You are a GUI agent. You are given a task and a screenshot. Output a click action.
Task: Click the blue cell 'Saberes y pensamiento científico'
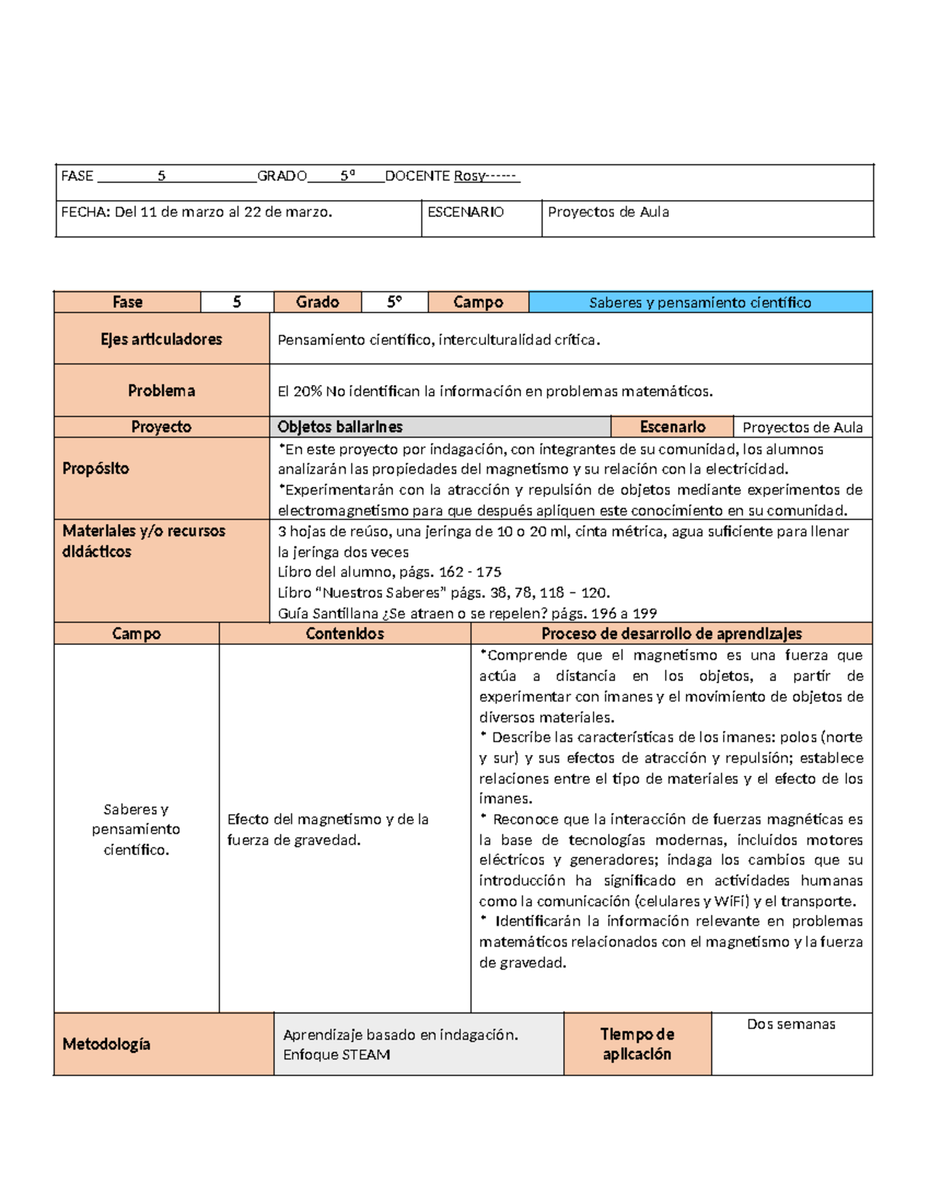pyautogui.click(x=700, y=302)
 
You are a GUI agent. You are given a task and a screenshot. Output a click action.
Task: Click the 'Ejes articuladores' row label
pyautogui.click(x=161, y=339)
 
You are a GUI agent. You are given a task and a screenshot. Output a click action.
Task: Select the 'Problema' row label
pyautogui.click(x=161, y=391)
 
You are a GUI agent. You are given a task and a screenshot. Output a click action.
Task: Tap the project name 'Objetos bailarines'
pyautogui.click(x=340, y=427)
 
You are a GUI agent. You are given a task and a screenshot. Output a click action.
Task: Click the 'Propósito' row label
pyautogui.click(x=96, y=468)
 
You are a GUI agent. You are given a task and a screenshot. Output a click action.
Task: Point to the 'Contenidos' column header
pyautogui.click(x=345, y=633)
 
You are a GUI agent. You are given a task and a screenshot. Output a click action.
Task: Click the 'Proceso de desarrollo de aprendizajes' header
pyautogui.click(x=671, y=633)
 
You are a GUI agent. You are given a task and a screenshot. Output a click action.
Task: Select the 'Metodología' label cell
pyautogui.click(x=107, y=1044)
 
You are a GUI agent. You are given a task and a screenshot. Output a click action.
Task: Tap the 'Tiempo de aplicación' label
pyautogui.click(x=637, y=1044)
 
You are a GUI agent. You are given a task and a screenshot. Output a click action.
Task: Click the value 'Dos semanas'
pyautogui.click(x=790, y=1024)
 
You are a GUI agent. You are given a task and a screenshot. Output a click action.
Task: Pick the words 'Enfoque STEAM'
pyautogui.click(x=336, y=1055)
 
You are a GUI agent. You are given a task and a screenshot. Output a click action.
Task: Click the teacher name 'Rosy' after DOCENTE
pyautogui.click(x=469, y=176)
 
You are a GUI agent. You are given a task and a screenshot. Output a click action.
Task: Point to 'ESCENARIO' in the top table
pyautogui.click(x=466, y=212)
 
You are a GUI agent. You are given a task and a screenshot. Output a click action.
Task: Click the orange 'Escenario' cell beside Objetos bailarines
pyautogui.click(x=672, y=427)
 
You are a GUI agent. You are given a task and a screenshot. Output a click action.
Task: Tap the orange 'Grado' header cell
pyautogui.click(x=317, y=302)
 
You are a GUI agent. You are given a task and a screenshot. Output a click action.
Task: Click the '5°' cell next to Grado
pyautogui.click(x=394, y=302)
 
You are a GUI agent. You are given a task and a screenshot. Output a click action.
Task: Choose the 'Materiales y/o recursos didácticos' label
pyautogui.click(x=143, y=541)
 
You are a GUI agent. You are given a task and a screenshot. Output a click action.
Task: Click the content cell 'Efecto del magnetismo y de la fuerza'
pyautogui.click(x=328, y=830)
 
